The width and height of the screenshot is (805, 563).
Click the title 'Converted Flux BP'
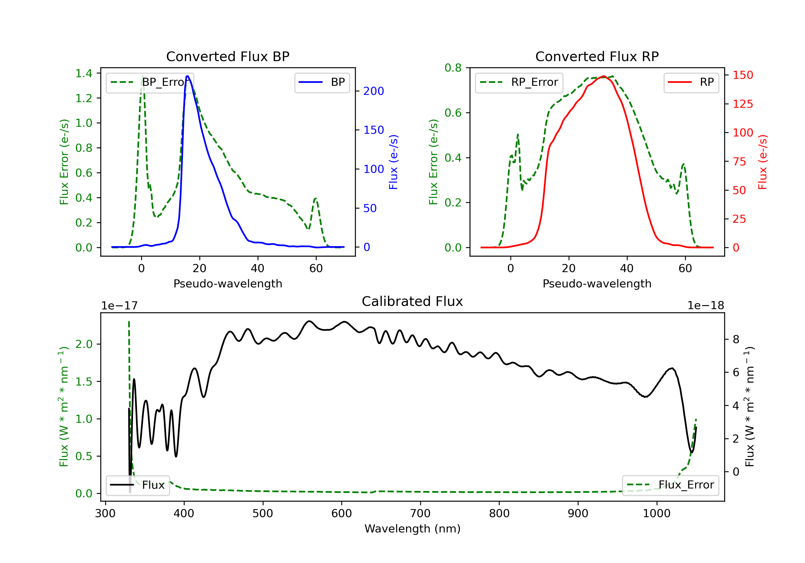[228, 56]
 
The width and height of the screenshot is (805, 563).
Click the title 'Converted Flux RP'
[597, 56]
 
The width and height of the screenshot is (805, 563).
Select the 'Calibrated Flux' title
[412, 301]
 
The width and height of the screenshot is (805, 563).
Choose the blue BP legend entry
[322, 82]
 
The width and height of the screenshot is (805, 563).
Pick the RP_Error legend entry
[519, 82]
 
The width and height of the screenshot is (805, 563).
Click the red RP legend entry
[691, 82]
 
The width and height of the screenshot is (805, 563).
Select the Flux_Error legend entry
[670, 485]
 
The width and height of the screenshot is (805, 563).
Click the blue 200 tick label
[374, 91]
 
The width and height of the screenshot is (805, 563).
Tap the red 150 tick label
[742, 75]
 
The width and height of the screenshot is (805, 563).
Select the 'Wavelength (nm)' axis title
[412, 529]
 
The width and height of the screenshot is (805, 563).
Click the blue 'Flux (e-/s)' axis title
[393, 162]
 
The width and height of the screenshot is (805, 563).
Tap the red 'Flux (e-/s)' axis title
[763, 162]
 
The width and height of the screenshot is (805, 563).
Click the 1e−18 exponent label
[705, 306]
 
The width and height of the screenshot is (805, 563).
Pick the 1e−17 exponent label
[119, 306]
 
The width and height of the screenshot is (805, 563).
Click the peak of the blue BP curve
[188, 76]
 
